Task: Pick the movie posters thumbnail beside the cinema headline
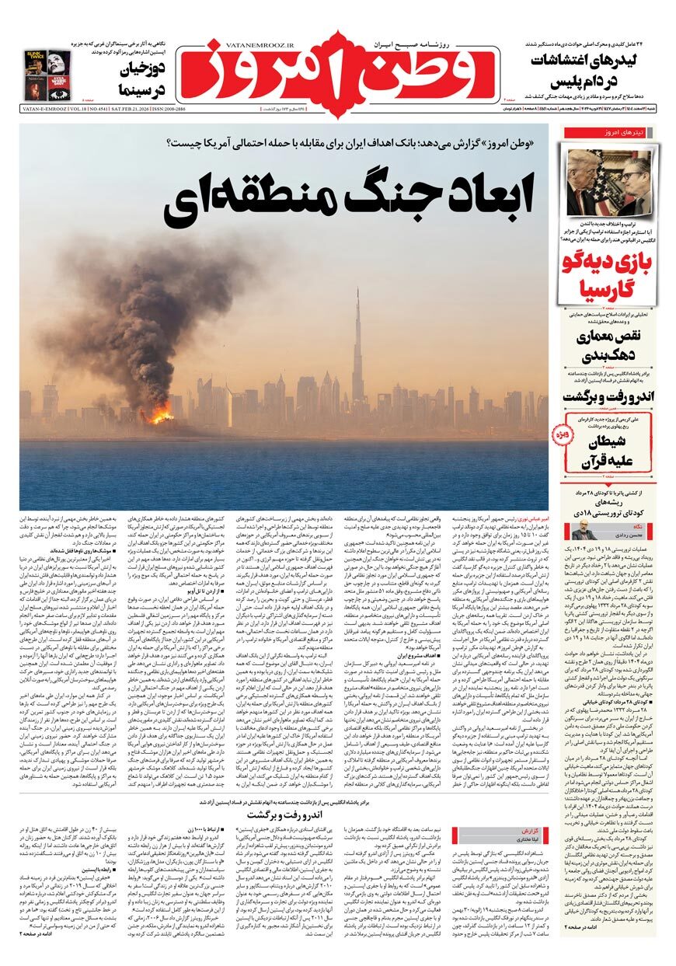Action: click(x=47, y=75)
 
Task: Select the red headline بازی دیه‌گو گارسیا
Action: click(x=608, y=274)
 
